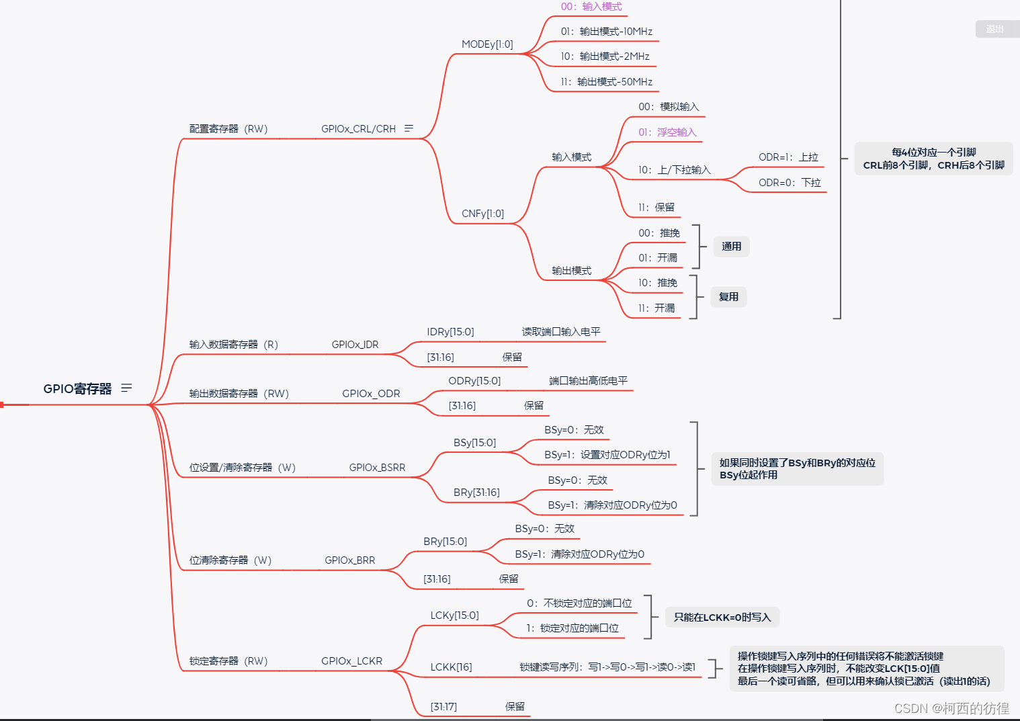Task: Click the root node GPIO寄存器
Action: pyautogui.click(x=77, y=389)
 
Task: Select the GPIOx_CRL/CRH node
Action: pyautogui.click(x=358, y=129)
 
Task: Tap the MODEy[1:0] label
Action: pyautogui.click(x=487, y=44)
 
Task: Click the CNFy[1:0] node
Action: pyautogui.click(x=482, y=214)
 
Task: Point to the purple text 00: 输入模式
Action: pyautogui.click(x=591, y=7)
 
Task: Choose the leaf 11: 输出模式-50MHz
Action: pyautogui.click(x=607, y=82)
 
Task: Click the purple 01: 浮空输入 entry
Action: pyautogui.click(x=667, y=132)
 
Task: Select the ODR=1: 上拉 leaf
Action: pyautogui.click(x=788, y=157)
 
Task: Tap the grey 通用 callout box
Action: pyautogui.click(x=731, y=247)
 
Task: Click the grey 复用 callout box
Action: pyautogui.click(x=728, y=297)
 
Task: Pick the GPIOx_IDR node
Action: pyautogui.click(x=355, y=345)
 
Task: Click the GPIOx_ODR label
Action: pyautogui.click(x=371, y=394)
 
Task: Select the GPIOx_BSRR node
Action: pyautogui.click(x=377, y=468)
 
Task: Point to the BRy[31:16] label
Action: pyautogui.click(x=476, y=493)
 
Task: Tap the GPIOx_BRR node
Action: pyautogui.click(x=349, y=560)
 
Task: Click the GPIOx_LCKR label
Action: pyautogui.click(x=351, y=661)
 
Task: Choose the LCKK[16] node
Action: pyautogui.click(x=451, y=667)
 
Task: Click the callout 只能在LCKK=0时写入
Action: pyautogui.click(x=722, y=618)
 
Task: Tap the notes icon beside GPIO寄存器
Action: pyautogui.click(x=126, y=388)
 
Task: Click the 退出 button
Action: pyautogui.click(x=994, y=29)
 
